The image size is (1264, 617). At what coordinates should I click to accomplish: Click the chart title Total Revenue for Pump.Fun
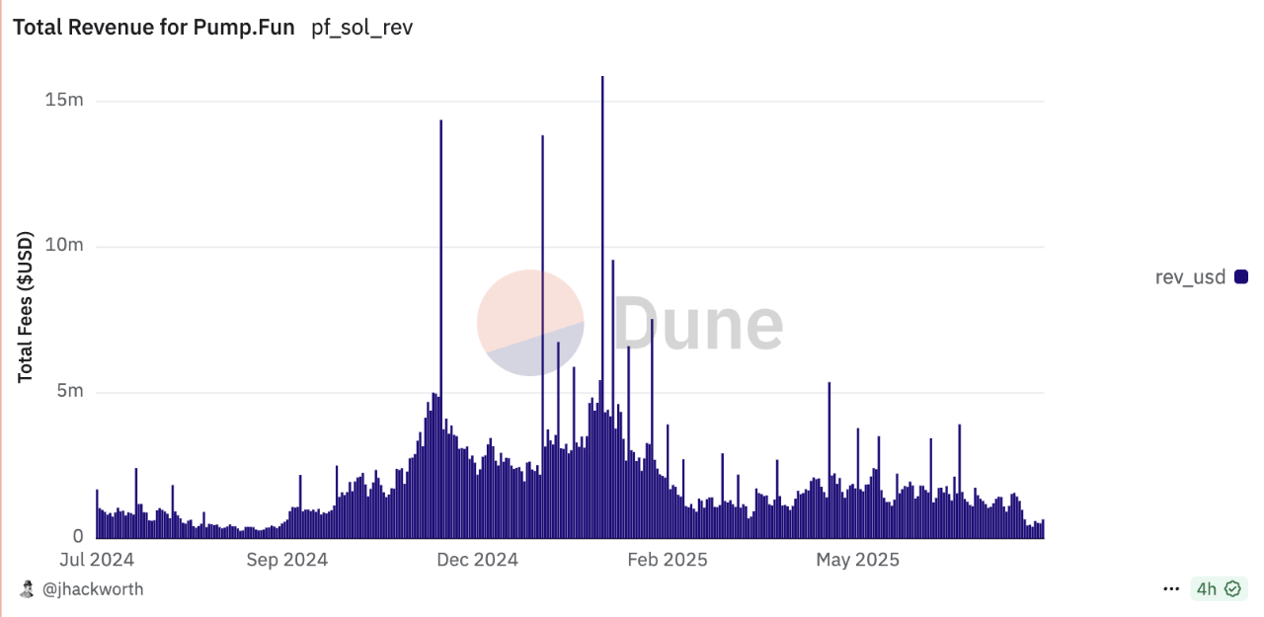[x=153, y=28]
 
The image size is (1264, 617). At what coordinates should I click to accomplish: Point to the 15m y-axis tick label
[x=64, y=101]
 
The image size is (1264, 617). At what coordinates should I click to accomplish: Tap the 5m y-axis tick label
[x=69, y=392]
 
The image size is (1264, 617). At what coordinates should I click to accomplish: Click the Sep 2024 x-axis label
[x=286, y=560]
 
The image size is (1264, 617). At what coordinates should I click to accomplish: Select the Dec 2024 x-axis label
[x=476, y=560]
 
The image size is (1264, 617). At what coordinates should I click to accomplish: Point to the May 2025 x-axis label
[x=857, y=560]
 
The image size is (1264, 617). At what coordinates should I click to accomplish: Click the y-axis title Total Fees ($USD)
[x=26, y=307]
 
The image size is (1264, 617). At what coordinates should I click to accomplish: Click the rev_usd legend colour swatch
[x=1241, y=277]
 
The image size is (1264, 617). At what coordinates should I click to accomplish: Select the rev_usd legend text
[x=1190, y=277]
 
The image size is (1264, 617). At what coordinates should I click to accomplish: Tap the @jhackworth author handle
[x=93, y=589]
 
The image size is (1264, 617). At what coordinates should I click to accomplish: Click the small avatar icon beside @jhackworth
[x=28, y=589]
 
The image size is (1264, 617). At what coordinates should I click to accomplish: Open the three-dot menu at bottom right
[x=1171, y=589]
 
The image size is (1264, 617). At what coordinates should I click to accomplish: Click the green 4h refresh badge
[x=1218, y=589]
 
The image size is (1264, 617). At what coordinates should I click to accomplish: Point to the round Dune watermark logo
[x=530, y=323]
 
